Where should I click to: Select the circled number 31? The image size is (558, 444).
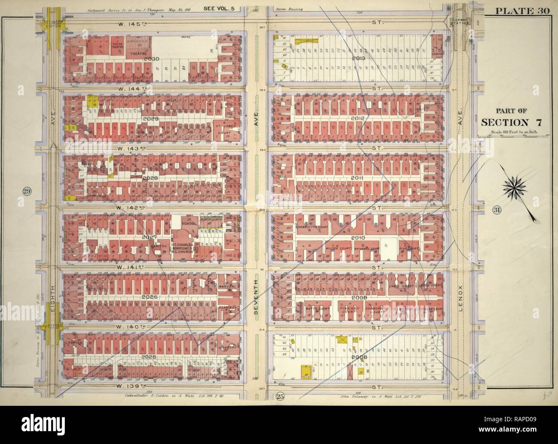point(497,210)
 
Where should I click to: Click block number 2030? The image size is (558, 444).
point(152,59)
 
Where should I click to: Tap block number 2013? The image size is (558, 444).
point(358,59)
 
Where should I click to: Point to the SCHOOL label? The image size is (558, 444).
point(188,224)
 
